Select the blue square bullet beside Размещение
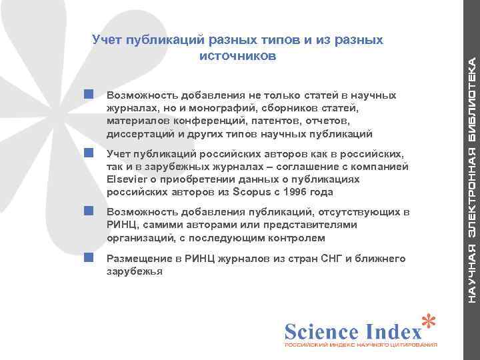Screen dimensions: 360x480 click(88, 257)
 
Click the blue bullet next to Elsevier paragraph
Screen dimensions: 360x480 click(88, 153)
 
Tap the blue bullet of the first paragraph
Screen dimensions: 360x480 click(88, 95)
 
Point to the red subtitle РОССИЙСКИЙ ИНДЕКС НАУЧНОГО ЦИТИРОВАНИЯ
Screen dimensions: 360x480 click(361, 347)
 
